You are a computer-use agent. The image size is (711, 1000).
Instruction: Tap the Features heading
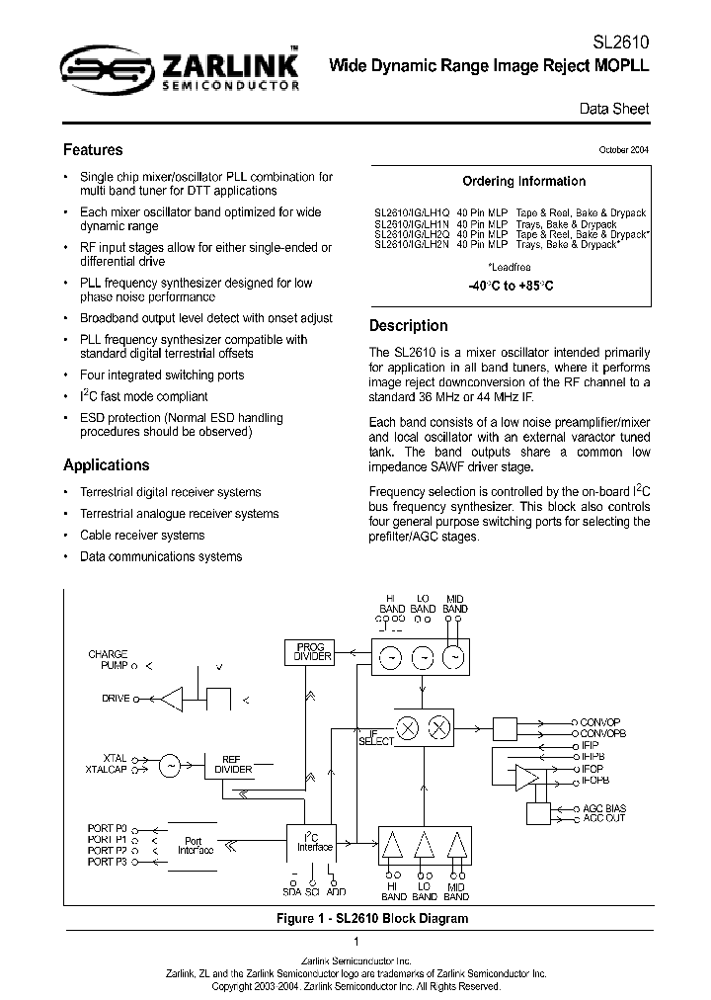93,150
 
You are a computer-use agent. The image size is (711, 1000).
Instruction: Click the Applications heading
107,465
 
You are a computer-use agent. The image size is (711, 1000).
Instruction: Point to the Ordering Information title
523,182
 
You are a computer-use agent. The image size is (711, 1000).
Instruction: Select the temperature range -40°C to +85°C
511,286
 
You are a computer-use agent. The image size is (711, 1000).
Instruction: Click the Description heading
408,326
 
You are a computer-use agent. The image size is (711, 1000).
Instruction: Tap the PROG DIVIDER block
312,652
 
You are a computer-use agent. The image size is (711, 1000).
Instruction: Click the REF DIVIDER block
233,764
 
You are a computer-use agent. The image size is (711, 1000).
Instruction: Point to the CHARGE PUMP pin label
108,660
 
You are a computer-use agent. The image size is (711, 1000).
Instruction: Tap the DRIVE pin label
116,699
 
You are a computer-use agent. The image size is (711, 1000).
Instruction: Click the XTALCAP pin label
107,769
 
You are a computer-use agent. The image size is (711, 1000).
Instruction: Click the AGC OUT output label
604,818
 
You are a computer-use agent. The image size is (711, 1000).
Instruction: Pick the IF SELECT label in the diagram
375,736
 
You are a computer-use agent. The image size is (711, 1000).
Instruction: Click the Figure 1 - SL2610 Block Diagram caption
355,919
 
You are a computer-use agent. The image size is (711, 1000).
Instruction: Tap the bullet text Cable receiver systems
142,536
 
